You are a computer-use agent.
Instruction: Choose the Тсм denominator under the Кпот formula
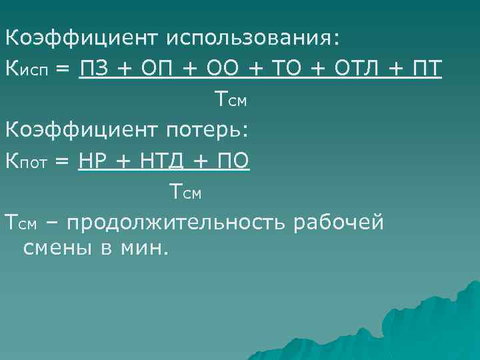pyautogui.click(x=185, y=192)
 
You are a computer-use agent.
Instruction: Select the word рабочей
pyautogui.click(x=339, y=221)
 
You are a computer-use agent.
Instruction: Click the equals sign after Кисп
pyautogui.click(x=64, y=68)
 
